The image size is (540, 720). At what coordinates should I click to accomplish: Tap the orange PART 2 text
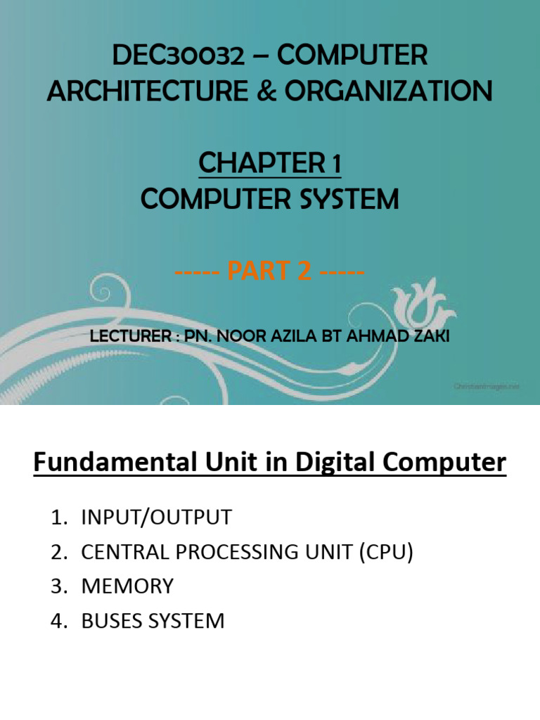point(269,271)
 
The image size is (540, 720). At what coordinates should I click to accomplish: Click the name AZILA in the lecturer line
point(291,337)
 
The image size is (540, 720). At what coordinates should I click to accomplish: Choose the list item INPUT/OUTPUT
point(156,517)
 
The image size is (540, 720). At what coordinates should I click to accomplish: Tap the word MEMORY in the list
point(127,586)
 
